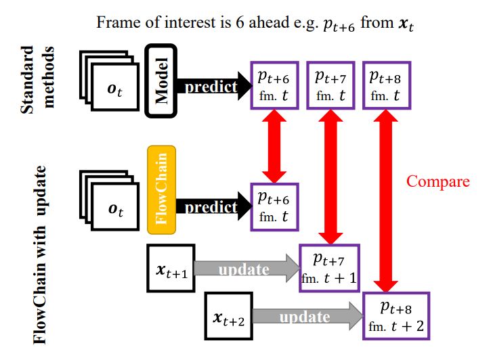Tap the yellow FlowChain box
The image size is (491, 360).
pos(161,189)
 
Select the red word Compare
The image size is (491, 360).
pos(437,181)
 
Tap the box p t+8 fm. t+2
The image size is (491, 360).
pos(396,315)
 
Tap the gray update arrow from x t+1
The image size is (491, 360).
pos(247,269)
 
